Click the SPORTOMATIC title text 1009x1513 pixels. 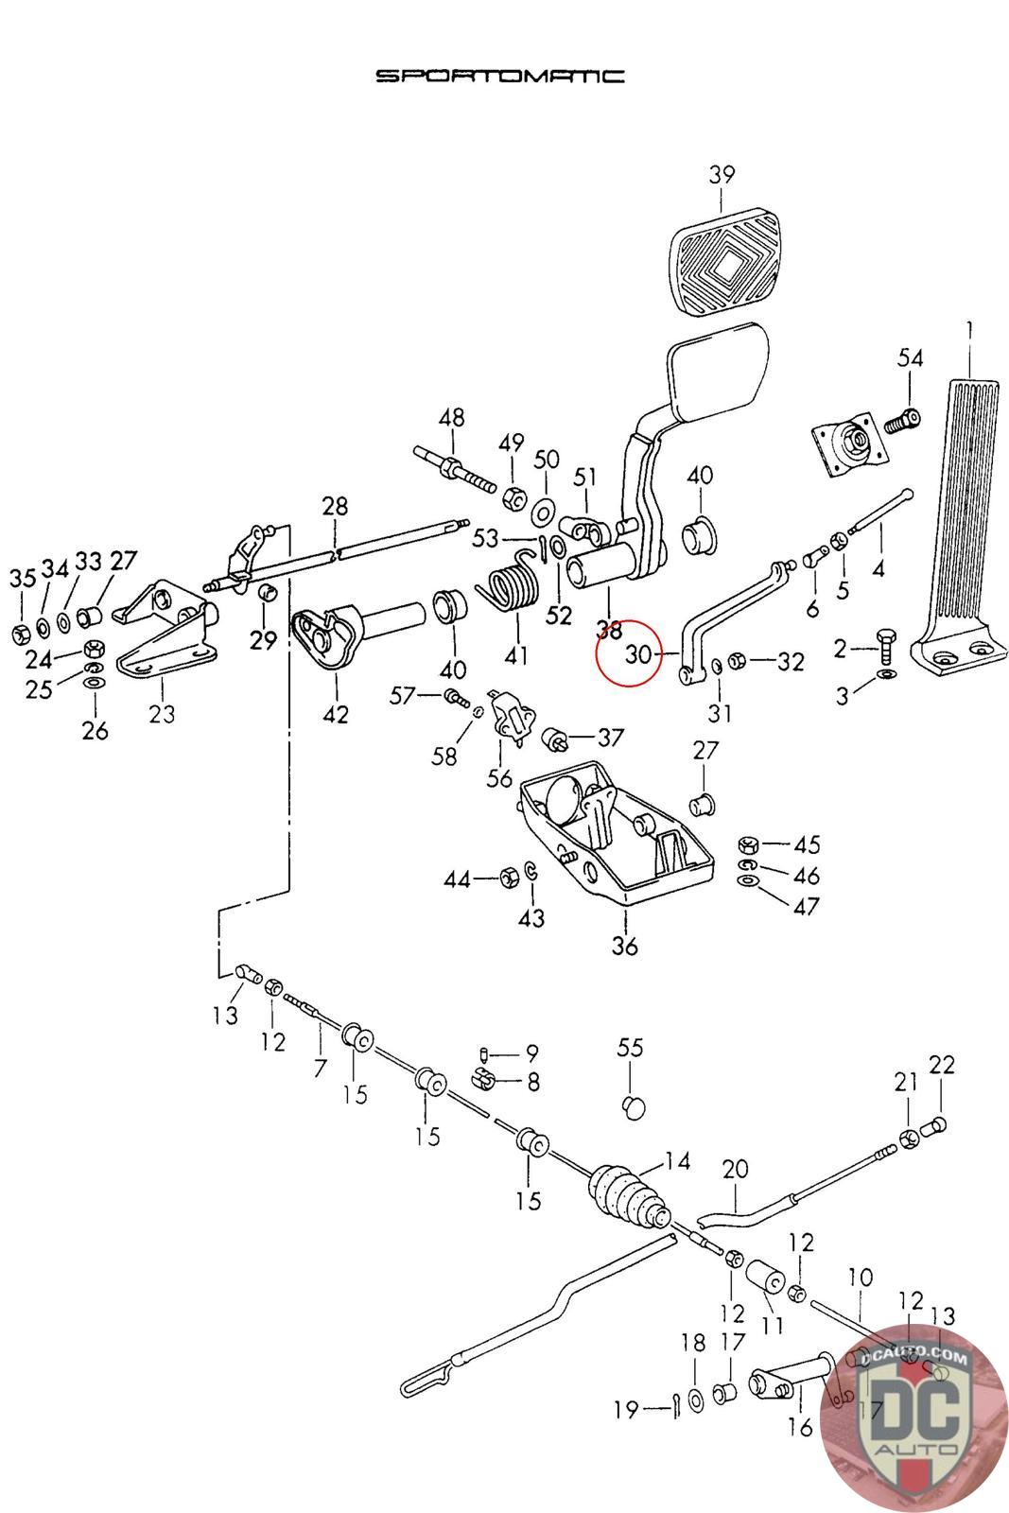pyautogui.click(x=500, y=75)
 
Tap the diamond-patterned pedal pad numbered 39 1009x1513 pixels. pyautogui.click(x=724, y=264)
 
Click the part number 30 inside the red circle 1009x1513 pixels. pyautogui.click(x=638, y=653)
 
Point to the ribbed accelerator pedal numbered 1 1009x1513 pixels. pyautogui.click(x=961, y=526)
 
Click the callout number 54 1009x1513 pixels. pyautogui.click(x=910, y=358)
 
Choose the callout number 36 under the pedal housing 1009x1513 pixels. pyautogui.click(x=625, y=945)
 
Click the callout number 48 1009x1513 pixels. pyautogui.click(x=452, y=417)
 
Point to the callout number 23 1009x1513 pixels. pyautogui.click(x=162, y=713)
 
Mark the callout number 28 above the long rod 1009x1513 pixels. pyautogui.click(x=335, y=505)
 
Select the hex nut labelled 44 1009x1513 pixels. pyautogui.click(x=509, y=878)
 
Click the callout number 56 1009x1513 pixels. pyautogui.click(x=499, y=778)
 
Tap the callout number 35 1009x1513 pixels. pyautogui.click(x=23, y=578)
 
